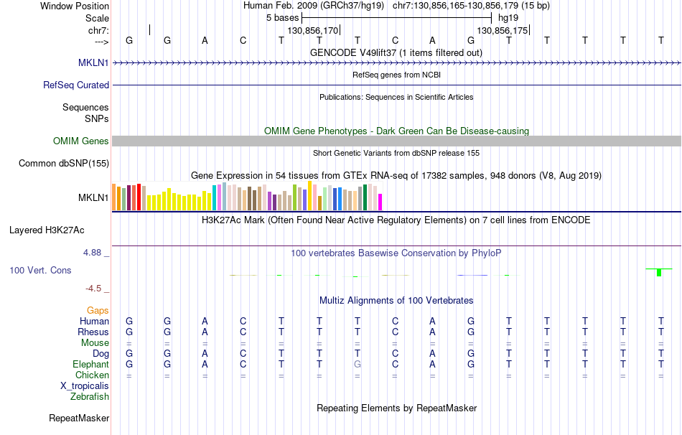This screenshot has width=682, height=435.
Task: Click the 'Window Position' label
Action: click(75, 6)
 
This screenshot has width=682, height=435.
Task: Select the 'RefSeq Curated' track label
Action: click(76, 85)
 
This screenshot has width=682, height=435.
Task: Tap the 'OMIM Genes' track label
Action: click(80, 141)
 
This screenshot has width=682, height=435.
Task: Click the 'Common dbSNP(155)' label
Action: click(64, 164)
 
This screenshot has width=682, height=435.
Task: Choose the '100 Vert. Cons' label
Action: click(40, 271)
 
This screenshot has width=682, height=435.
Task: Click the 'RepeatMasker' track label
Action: click(79, 418)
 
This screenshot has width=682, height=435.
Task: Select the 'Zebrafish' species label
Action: click(90, 396)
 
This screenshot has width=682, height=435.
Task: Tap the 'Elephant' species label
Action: click(90, 364)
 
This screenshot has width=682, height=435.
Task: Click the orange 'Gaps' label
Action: click(98, 310)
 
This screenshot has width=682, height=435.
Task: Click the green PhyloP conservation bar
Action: click(659, 272)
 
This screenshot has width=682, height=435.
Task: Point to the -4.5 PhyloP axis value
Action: click(93, 289)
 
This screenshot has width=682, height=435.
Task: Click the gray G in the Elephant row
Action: click(357, 364)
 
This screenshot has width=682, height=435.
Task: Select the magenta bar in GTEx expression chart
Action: click(380, 202)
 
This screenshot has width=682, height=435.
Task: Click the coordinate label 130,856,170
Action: click(312, 31)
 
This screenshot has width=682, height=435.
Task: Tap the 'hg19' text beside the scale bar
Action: click(508, 17)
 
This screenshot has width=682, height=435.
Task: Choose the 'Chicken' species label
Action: click(92, 375)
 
